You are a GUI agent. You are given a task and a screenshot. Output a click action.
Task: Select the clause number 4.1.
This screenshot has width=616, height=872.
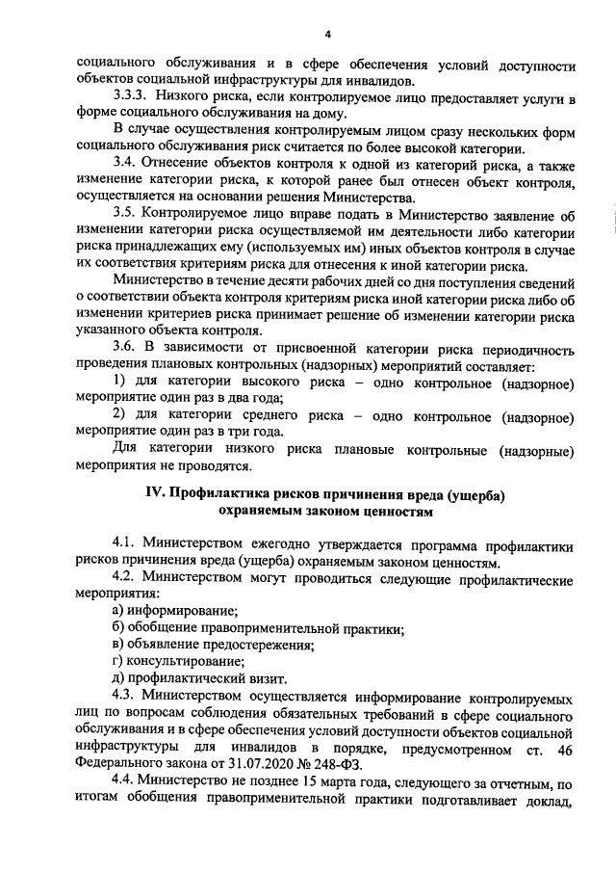(126, 544)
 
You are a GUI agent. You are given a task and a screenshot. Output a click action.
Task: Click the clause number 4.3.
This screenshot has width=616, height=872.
(126, 695)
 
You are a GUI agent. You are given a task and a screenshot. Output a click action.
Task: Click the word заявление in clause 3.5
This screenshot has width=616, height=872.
(515, 215)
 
